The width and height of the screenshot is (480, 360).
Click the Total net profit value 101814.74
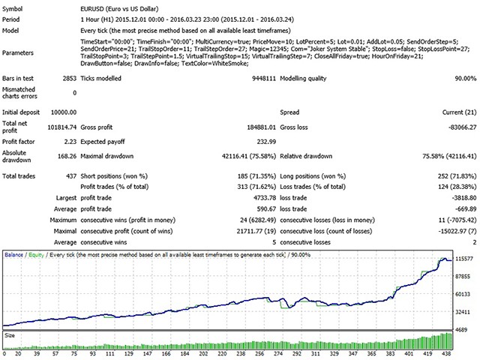(61, 127)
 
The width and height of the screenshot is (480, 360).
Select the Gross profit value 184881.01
(262, 127)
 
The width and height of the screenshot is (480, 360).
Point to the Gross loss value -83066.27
(462, 127)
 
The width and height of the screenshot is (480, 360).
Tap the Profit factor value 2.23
(70, 142)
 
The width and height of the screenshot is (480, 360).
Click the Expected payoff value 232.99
(266, 142)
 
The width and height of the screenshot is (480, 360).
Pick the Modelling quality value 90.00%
(466, 78)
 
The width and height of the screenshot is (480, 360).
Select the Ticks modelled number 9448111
(264, 78)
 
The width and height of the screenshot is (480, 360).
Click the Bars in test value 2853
(70, 78)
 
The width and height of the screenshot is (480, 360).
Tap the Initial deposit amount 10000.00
(64, 112)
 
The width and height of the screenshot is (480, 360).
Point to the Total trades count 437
(71, 176)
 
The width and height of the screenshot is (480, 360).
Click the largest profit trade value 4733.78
(265, 198)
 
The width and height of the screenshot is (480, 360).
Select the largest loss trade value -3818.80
(464, 198)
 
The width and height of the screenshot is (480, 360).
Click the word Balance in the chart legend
(13, 255)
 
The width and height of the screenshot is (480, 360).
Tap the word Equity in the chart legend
(37, 255)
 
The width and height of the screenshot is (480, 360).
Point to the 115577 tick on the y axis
(464, 259)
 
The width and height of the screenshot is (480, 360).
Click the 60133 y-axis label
(463, 294)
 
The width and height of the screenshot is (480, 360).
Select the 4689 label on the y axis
(461, 330)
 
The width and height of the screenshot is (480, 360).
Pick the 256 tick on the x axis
(259, 353)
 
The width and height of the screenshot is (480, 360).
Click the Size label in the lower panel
(10, 335)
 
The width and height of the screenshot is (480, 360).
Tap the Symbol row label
(12, 9)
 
